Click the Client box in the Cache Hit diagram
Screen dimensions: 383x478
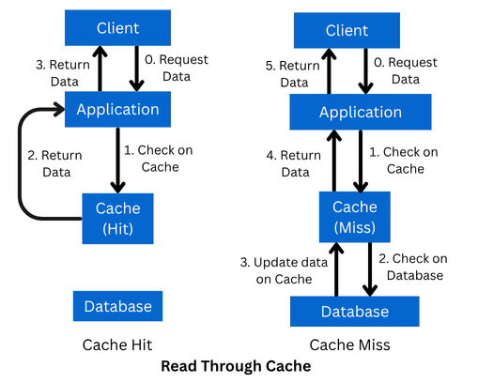117,29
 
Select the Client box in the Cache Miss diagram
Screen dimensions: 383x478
347,31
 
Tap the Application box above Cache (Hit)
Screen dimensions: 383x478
117,109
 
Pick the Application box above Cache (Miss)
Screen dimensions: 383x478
360,113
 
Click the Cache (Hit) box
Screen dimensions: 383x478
117,218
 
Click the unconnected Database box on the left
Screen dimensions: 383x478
117,306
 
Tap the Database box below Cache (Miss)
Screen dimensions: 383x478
354,311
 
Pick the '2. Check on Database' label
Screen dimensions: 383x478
409,268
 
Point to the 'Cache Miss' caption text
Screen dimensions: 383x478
349,345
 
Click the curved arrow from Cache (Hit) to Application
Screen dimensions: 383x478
22,164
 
